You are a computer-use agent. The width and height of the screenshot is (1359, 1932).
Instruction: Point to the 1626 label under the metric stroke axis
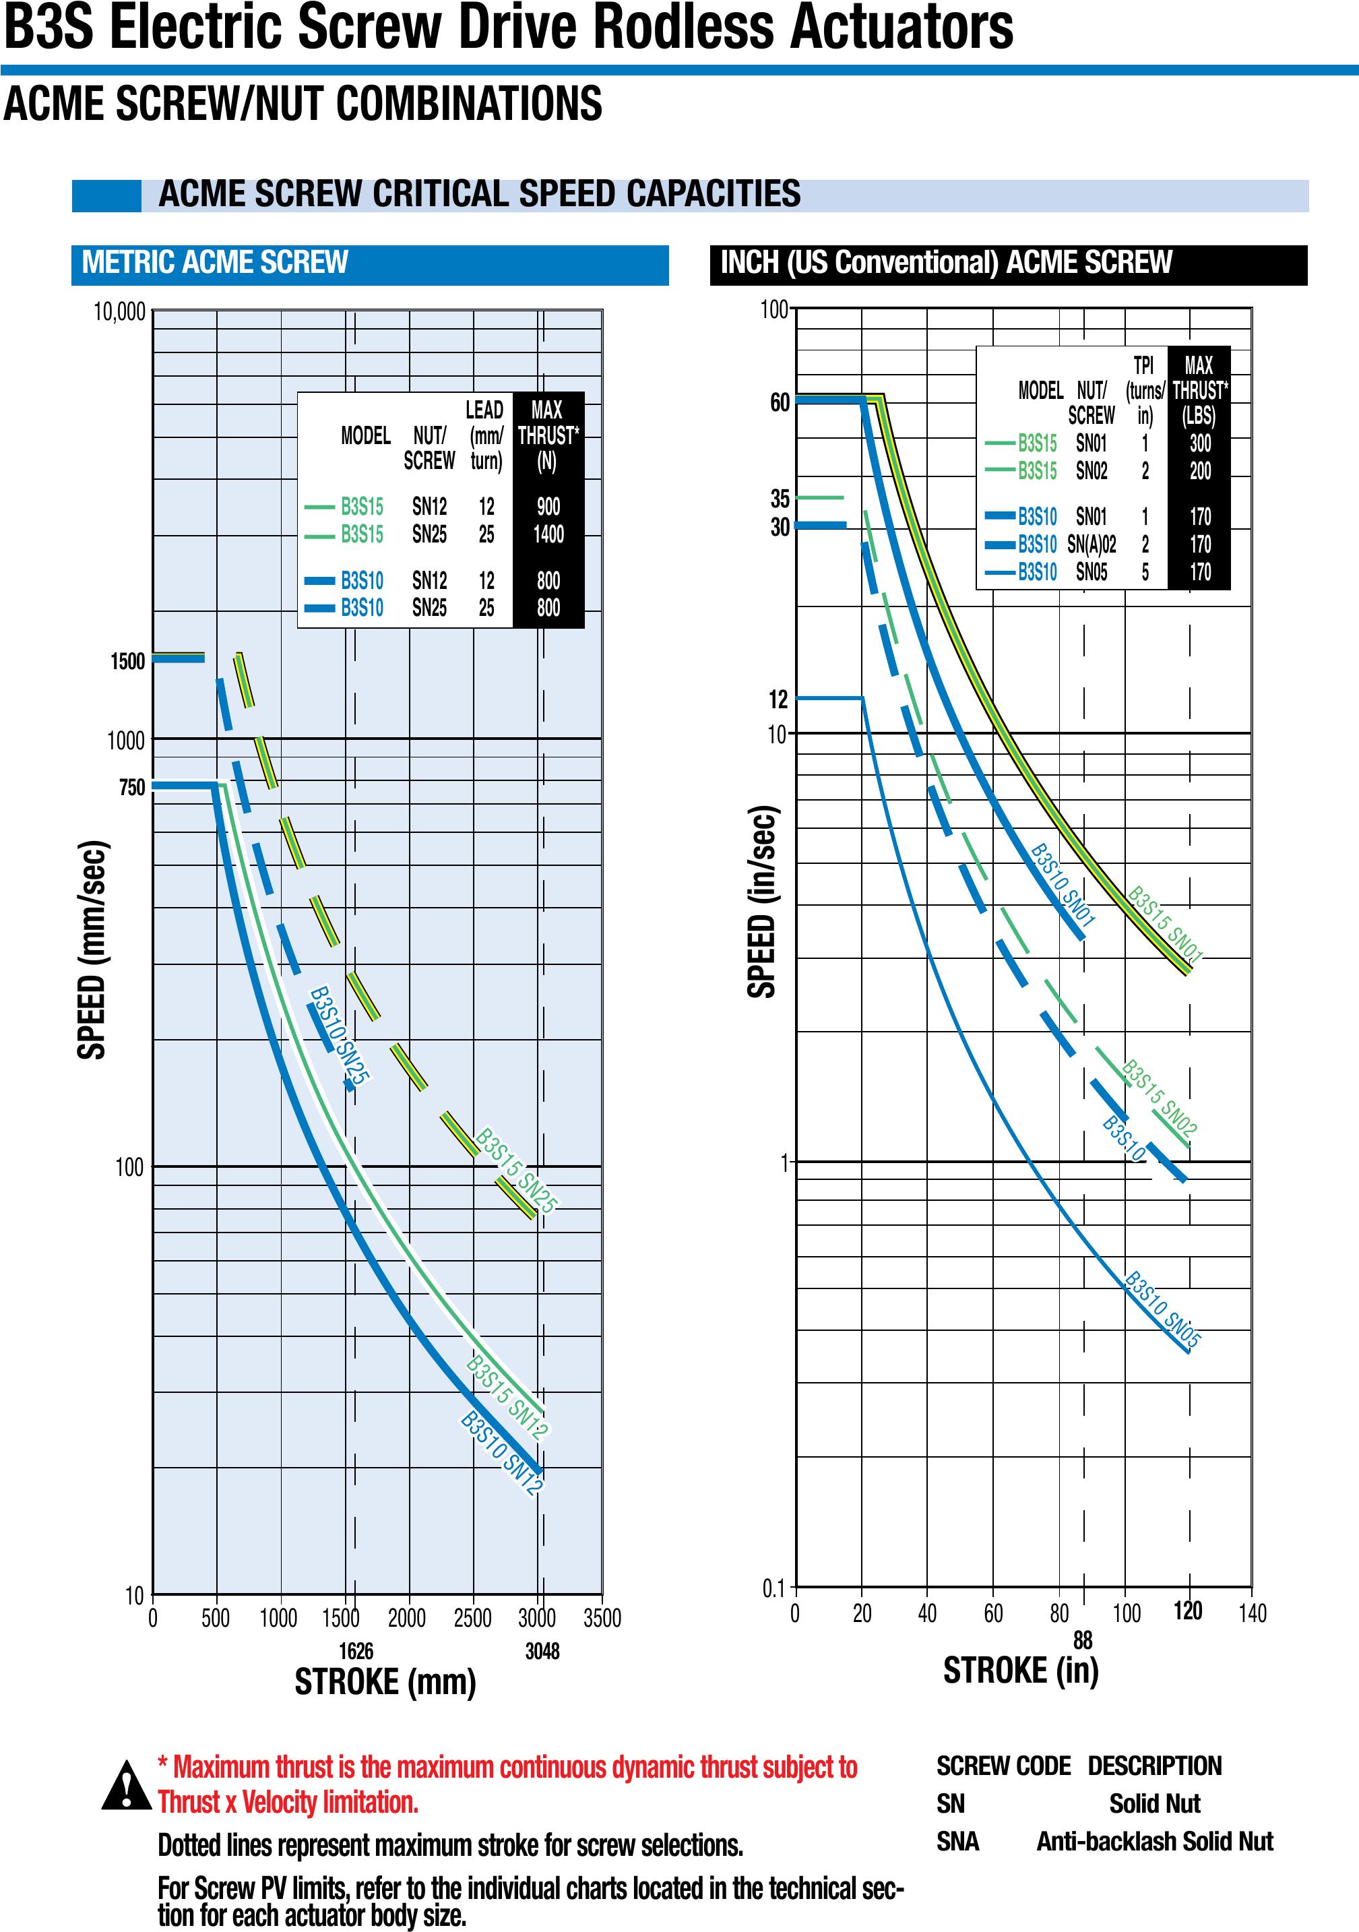[x=356, y=1651]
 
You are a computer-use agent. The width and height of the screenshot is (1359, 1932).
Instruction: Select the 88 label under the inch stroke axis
[x=1082, y=1640]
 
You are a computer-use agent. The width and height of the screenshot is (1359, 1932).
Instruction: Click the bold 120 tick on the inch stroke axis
[x=1187, y=1611]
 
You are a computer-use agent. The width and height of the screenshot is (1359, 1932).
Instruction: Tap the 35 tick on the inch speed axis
[x=780, y=499]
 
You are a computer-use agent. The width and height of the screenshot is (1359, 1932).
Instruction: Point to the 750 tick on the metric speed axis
[x=132, y=788]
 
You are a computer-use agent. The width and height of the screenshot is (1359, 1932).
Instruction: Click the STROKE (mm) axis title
[x=385, y=1682]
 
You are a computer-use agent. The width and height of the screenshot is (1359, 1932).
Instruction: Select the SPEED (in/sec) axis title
[x=761, y=902]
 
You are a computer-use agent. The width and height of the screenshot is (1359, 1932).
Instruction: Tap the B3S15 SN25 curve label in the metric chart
[x=516, y=1171]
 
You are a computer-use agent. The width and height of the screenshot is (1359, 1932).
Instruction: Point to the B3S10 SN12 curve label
[x=501, y=1453]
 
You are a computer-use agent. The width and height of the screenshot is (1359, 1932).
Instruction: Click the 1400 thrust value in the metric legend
[x=548, y=534]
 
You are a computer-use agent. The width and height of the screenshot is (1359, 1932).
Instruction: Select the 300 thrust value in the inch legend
[x=1200, y=443]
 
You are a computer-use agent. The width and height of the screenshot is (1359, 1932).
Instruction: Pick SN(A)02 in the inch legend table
[x=1092, y=544]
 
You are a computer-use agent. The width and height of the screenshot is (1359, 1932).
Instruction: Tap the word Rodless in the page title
[x=684, y=27]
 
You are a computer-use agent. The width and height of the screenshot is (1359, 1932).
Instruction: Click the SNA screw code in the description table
[x=957, y=1842]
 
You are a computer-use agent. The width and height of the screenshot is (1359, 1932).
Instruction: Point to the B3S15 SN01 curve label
[x=1166, y=923]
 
